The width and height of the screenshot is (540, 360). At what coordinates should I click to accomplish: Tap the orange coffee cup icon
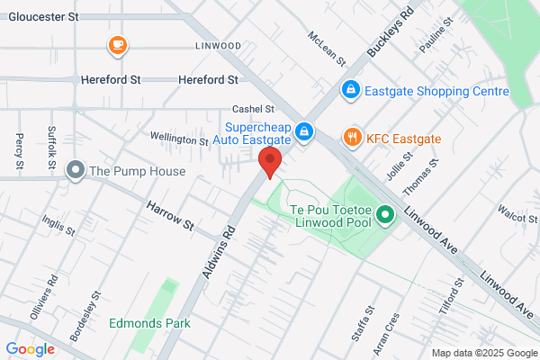pyautogui.click(x=117, y=44)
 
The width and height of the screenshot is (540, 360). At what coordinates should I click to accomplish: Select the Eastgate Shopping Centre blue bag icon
pyautogui.click(x=351, y=91)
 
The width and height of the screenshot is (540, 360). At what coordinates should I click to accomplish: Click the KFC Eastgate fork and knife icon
pyautogui.click(x=351, y=138)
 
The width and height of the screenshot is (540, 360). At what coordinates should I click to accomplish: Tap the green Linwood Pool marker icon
pyautogui.click(x=385, y=215)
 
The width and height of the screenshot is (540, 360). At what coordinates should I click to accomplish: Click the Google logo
pyautogui.click(x=30, y=349)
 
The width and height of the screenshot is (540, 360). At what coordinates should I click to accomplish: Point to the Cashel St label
pyautogui.click(x=253, y=108)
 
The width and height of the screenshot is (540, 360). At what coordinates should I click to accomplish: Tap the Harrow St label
pyautogui.click(x=171, y=214)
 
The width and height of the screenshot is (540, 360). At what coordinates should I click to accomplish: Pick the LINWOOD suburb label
pyautogui.click(x=217, y=45)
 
